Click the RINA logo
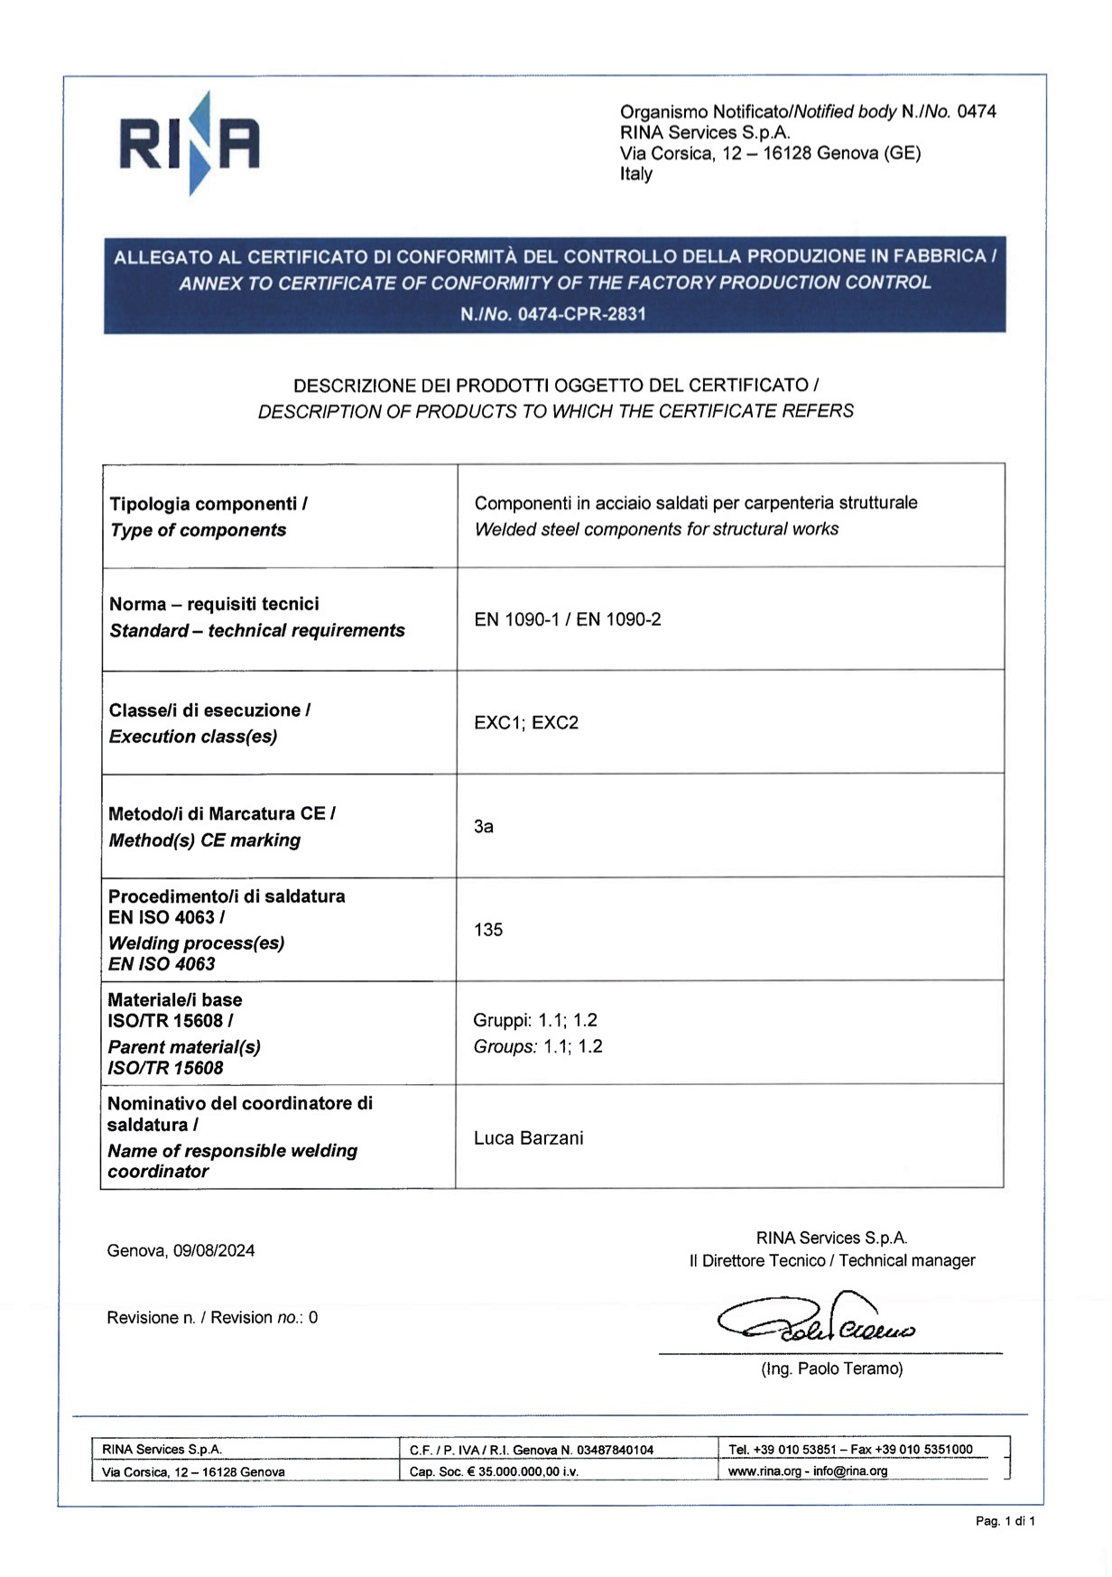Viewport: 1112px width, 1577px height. pos(190,144)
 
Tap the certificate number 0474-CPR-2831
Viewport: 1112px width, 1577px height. pos(581,314)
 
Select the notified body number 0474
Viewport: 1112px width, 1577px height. pos(977,112)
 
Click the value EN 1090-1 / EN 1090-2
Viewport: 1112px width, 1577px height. pos(567,619)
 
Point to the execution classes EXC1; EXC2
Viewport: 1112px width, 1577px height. pos(525,723)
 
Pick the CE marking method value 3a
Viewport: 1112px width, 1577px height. pos(483,827)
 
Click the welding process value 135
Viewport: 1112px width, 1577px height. pos(487,930)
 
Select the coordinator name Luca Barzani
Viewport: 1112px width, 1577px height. pos(528,1138)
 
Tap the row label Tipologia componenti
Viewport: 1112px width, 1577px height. pos(208,504)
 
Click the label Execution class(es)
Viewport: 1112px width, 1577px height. pos(192,737)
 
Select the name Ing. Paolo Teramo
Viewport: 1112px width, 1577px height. pos(831,1369)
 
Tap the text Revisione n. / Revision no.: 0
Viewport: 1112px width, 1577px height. pos(212,1318)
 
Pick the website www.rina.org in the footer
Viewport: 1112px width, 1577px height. pos(764,1471)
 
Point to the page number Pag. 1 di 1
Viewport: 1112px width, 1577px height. pos(1005,1522)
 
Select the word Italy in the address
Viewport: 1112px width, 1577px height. pos(635,174)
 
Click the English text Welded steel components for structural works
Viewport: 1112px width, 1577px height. pos(656,530)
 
